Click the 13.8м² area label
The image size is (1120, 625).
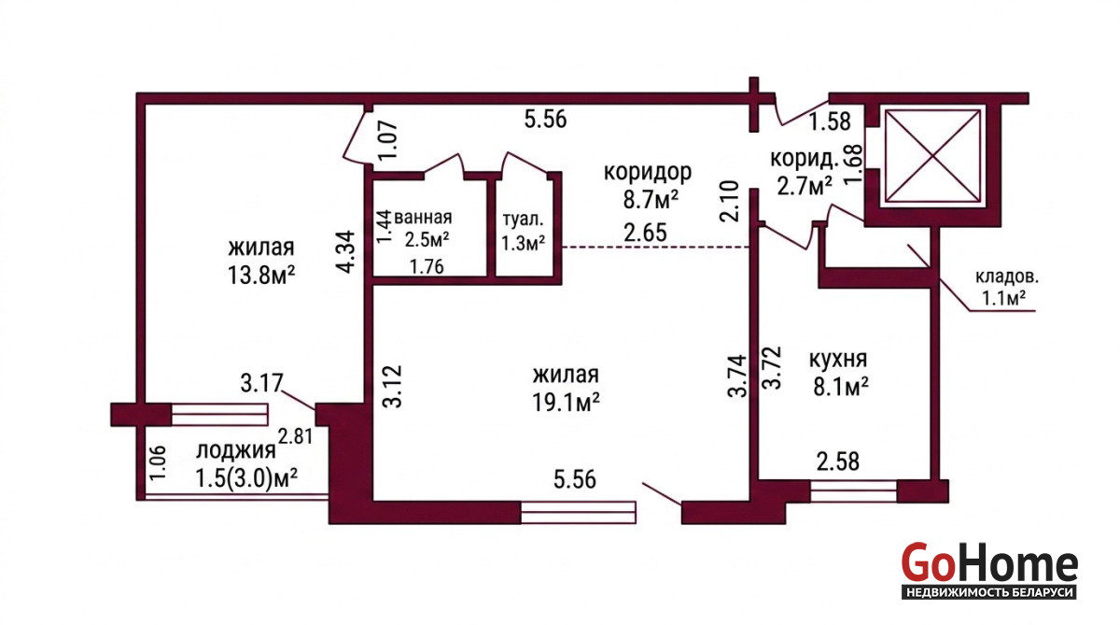pos(261,275)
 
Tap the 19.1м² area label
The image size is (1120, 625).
pos(566,403)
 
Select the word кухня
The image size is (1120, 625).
pos(838,359)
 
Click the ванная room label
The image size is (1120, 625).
pos(423,218)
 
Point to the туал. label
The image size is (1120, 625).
pos(523,220)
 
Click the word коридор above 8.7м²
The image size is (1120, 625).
pos(648,172)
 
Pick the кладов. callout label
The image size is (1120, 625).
pos(1006,277)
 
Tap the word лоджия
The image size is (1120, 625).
pos(235,450)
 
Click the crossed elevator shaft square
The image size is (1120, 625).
pos(932,156)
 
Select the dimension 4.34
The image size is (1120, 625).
pos(346,251)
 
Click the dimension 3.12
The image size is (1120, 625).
pos(394,387)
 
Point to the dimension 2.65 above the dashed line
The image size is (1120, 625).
pos(645,233)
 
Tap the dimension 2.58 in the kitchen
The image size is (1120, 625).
pos(838,462)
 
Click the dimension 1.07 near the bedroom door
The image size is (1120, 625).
pos(388,141)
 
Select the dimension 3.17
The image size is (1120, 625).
pos(261,383)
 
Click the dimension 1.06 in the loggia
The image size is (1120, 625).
pos(158,462)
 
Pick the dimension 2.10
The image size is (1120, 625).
pos(729,201)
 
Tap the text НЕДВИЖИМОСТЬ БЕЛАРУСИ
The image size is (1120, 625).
pos(989,592)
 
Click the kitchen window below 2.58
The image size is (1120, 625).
pos(853,490)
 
